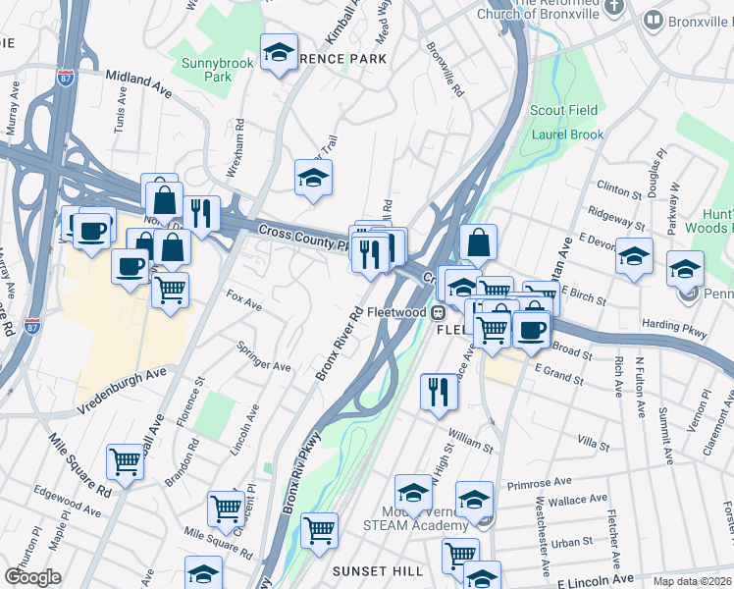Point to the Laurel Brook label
(564, 134)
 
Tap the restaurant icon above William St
(439, 392)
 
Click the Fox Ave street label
(243, 300)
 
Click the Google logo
(32, 576)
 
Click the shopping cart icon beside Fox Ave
(171, 291)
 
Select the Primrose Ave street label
(539, 484)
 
